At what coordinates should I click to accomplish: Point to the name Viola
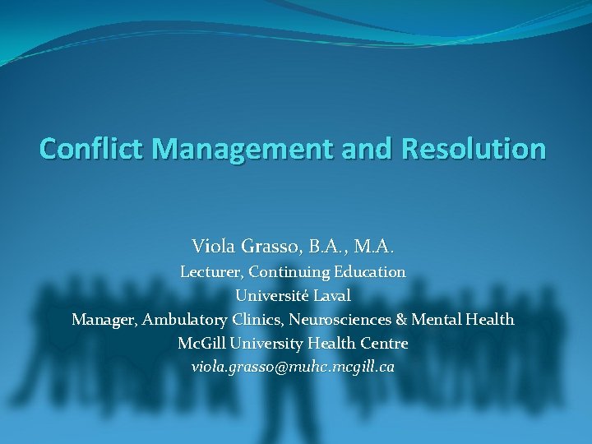[212, 245]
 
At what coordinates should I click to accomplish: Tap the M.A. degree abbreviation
[374, 245]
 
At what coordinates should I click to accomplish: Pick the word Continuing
[288, 271]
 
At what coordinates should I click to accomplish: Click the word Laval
[331, 295]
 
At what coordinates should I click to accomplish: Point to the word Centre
[383, 343]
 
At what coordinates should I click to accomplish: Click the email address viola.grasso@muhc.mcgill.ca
[293, 367]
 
